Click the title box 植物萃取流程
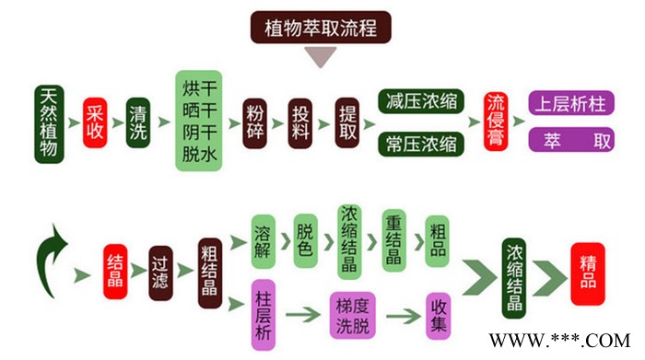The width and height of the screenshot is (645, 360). (322, 27)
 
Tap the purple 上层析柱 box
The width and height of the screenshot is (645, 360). (571, 103)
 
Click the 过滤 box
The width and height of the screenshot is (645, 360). (162, 271)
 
